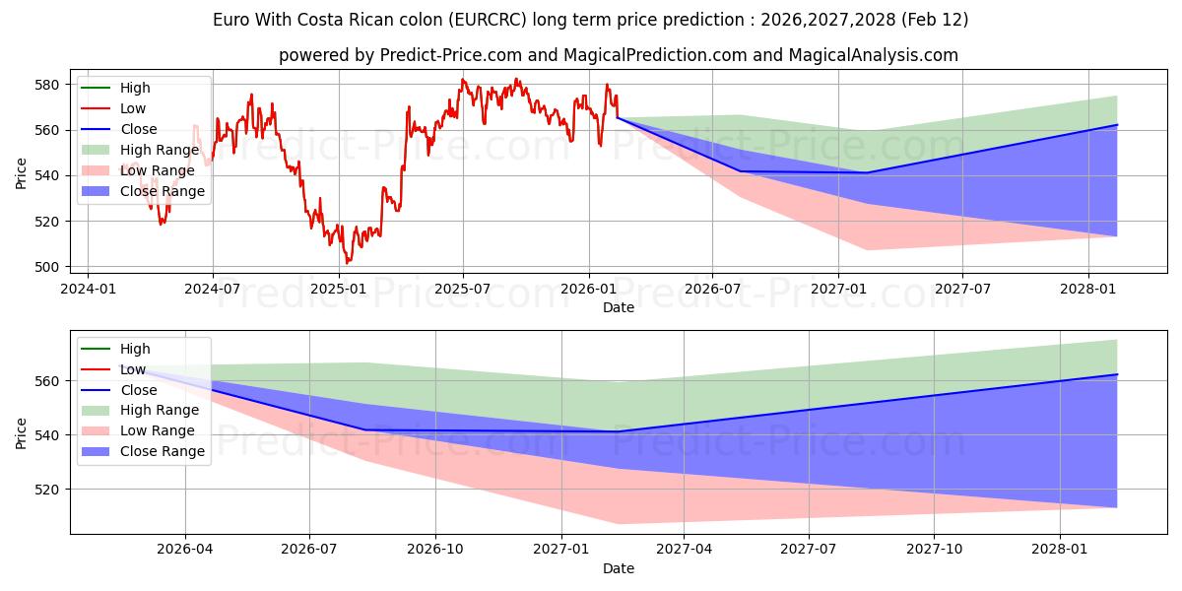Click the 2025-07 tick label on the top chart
coord(463,289)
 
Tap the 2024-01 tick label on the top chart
coord(88,289)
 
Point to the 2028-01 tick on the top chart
coord(1088,289)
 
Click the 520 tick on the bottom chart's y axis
coord(48,490)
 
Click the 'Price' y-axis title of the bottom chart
coord(22,431)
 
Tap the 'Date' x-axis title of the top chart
coord(618,307)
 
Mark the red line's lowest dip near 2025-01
coord(347,263)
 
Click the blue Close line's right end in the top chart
coord(1117,125)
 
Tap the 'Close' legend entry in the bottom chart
coord(137,390)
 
